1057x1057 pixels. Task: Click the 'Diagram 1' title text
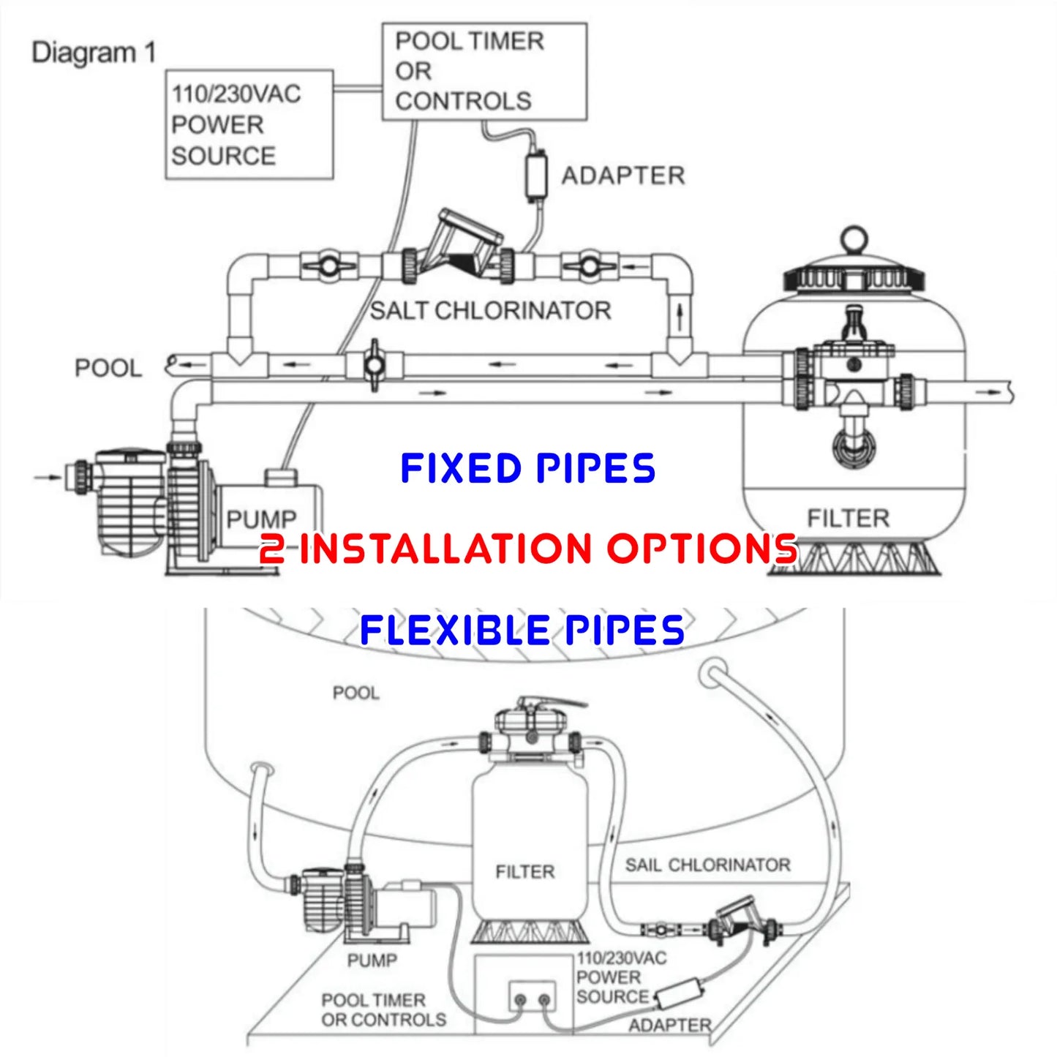pyautogui.click(x=94, y=53)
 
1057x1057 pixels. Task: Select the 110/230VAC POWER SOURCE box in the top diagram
pyautogui.click(x=249, y=124)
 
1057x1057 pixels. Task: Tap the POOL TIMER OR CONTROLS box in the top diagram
pyautogui.click(x=484, y=71)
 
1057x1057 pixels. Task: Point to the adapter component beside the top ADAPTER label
pyautogui.click(x=537, y=176)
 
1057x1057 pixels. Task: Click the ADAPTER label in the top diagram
pyautogui.click(x=623, y=176)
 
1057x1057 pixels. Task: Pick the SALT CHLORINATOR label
pyautogui.click(x=490, y=311)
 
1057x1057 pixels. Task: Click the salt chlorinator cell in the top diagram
pyautogui.click(x=461, y=252)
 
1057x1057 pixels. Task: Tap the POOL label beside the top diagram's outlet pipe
pyautogui.click(x=108, y=368)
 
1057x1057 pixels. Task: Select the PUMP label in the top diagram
pyautogui.click(x=261, y=519)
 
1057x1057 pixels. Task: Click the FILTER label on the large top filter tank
pyautogui.click(x=848, y=519)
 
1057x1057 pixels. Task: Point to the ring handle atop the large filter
pyautogui.click(x=854, y=238)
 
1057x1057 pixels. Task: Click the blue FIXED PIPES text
pyautogui.click(x=527, y=468)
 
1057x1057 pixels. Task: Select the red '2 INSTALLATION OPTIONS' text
pyautogui.click(x=528, y=548)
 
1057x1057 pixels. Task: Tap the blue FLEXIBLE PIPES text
pyautogui.click(x=522, y=630)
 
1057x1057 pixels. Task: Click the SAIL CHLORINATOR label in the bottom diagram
pyautogui.click(x=707, y=865)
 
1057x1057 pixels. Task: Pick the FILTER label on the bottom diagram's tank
pyautogui.click(x=524, y=872)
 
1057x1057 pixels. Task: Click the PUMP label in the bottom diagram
pyautogui.click(x=372, y=960)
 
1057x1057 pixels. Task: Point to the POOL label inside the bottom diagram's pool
pyautogui.click(x=356, y=693)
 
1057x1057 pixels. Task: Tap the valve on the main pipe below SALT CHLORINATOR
pyautogui.click(x=374, y=364)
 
